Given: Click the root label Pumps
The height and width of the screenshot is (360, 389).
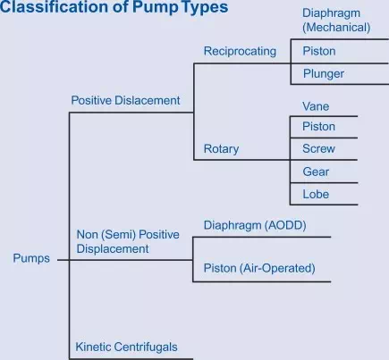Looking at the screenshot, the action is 31,258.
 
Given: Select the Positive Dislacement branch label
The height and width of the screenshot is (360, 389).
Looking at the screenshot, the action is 125,100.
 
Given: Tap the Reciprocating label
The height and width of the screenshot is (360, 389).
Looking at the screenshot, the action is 240,52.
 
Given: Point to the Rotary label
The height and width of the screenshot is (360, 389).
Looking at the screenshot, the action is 221,149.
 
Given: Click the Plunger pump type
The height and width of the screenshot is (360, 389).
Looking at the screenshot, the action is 324,74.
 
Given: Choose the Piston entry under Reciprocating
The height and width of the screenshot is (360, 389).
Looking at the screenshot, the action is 319,51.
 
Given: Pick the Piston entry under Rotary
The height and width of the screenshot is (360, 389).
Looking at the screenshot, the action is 319,127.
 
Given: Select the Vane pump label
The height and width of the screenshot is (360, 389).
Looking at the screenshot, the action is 316,106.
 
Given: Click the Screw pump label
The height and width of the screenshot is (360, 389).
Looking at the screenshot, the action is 318,148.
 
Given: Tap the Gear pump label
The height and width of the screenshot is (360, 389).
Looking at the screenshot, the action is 316,172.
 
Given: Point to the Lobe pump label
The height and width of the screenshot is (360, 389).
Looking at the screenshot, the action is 316,194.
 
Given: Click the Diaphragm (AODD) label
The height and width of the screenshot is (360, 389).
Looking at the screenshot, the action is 255,225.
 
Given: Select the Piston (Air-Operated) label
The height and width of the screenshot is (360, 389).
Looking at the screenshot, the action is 259,268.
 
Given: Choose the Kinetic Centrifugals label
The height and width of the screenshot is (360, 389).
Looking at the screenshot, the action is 126,347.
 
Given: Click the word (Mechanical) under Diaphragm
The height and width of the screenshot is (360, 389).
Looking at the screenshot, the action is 336,28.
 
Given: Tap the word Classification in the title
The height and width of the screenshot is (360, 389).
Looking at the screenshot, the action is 55,7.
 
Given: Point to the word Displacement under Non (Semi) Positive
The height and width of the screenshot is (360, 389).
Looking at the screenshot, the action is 113,249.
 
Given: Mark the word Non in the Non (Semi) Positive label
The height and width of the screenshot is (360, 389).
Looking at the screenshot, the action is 88,235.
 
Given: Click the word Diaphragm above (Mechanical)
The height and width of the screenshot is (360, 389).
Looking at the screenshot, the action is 331,13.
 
